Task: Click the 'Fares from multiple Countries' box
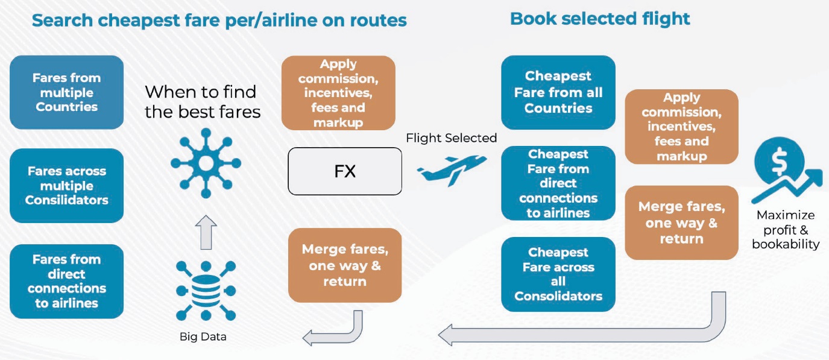[66, 92]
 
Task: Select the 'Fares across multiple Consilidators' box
[66, 186]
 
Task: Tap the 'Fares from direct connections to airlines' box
[66, 281]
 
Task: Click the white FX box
[345, 171]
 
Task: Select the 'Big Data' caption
[203, 336]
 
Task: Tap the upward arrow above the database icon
[206, 232]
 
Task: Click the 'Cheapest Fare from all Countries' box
[558, 92]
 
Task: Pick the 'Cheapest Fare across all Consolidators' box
[558, 274]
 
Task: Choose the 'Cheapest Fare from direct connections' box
[558, 183]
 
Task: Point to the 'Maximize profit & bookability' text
[786, 230]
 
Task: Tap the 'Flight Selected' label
[451, 138]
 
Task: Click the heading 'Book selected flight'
[600, 19]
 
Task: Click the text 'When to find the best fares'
[203, 101]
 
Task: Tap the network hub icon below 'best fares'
[206, 163]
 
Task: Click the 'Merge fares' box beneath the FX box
[345, 265]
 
